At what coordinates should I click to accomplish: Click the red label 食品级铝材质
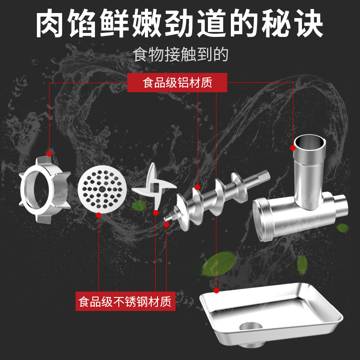[x=177, y=83]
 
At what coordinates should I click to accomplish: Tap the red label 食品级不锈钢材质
[x=126, y=301]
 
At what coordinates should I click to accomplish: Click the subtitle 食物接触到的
[x=180, y=54]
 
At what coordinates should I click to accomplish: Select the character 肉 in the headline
[x=49, y=23]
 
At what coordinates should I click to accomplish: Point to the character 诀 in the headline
[x=310, y=23]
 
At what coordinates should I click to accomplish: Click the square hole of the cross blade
[x=156, y=188]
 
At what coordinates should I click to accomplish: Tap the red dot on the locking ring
[x=49, y=154]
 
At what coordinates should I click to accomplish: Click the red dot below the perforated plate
[x=99, y=215]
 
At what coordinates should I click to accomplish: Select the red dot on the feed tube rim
[x=293, y=148]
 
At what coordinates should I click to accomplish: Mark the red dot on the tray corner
[x=216, y=291]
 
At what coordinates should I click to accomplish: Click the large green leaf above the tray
[x=219, y=264]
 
